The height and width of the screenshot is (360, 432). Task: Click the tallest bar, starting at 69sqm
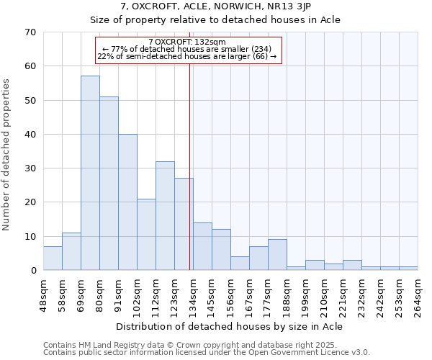tap(90, 173)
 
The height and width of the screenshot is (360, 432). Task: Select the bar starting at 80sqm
tap(109, 184)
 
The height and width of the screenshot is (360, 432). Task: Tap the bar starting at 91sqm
tap(127, 202)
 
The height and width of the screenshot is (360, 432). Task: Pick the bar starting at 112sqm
tap(165, 216)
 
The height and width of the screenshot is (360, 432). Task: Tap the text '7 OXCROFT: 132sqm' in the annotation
tap(187, 42)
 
